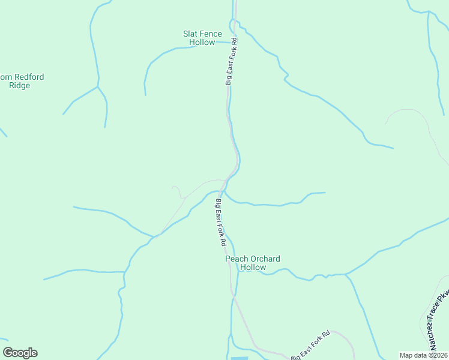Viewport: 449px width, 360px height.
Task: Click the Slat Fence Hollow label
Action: point(202,38)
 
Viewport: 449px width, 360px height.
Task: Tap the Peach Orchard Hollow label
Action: point(252,263)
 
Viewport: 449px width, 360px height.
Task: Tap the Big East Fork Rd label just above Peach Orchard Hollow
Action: point(220,222)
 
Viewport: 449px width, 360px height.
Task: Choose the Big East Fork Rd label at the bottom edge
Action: point(311,346)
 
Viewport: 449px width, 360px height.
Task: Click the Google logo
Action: point(20,353)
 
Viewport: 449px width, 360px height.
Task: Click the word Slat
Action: point(190,34)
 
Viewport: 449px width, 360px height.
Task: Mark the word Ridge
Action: point(20,85)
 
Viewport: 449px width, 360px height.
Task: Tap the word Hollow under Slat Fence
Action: point(202,43)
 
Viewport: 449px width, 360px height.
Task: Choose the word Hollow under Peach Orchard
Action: point(252,267)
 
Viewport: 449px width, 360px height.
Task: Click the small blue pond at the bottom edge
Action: point(239,358)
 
